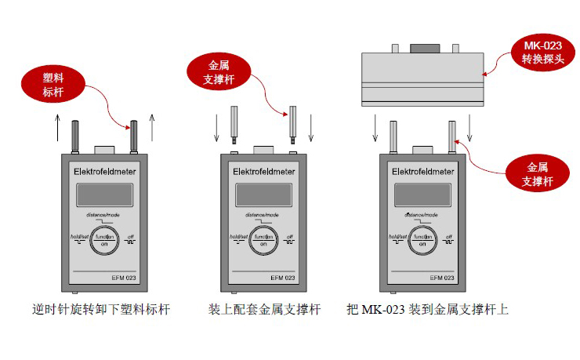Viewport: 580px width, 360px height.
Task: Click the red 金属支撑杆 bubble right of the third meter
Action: tap(537, 174)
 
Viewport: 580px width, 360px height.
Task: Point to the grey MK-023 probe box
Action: tap(421, 78)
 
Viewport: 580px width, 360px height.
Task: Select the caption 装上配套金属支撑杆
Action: tap(264, 310)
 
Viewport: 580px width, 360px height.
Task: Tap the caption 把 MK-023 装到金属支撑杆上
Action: tap(427, 310)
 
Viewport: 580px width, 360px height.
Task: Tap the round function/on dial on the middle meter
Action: tap(263, 240)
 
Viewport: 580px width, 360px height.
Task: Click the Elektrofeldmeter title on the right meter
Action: tap(423, 171)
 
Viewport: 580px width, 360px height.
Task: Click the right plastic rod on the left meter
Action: tap(134, 136)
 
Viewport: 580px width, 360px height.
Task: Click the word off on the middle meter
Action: tap(290, 237)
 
